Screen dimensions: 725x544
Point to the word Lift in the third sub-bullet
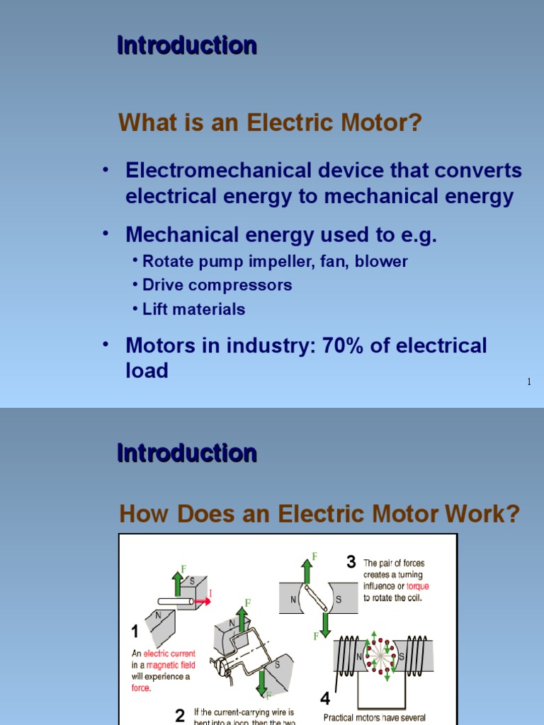156,309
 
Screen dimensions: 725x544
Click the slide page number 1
528,382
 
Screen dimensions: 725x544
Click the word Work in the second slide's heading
480,514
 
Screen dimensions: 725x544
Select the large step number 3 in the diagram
351,562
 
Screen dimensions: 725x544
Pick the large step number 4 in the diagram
325,698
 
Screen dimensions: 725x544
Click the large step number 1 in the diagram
135,632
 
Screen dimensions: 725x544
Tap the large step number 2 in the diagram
180,715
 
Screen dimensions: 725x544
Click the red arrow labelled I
203,601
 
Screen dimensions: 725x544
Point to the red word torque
417,586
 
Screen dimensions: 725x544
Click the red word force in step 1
141,687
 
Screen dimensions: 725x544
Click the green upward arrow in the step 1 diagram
178,581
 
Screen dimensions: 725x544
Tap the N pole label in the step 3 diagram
293,599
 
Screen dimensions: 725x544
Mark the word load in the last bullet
147,370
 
